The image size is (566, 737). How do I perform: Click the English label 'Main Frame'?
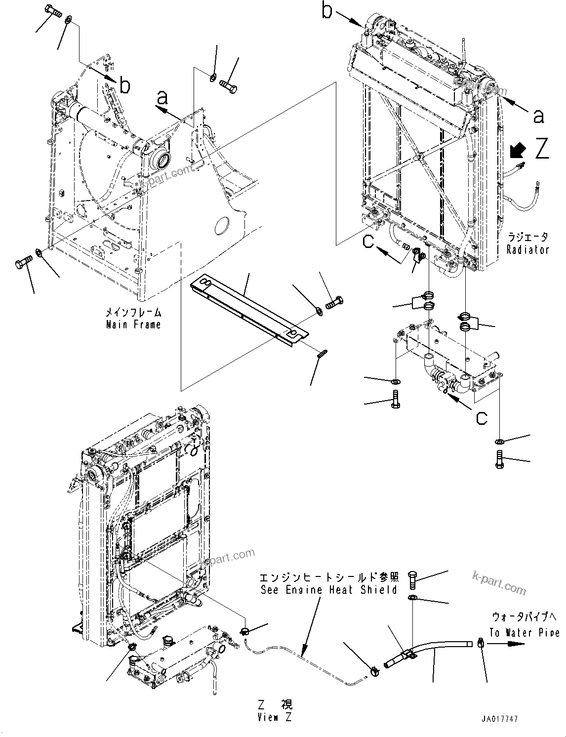[x=133, y=325]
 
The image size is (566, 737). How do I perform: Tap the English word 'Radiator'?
[x=527, y=249]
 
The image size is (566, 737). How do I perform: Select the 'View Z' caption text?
[x=274, y=717]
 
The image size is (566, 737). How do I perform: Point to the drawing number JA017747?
[x=501, y=720]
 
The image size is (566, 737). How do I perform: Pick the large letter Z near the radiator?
[x=542, y=148]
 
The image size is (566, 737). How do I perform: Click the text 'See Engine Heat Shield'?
[x=328, y=590]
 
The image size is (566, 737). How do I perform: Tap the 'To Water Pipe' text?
[x=525, y=632]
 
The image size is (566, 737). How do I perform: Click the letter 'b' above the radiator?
[x=327, y=11]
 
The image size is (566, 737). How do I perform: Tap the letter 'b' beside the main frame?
[x=125, y=86]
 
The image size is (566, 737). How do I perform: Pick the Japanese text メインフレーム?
[x=133, y=312]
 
